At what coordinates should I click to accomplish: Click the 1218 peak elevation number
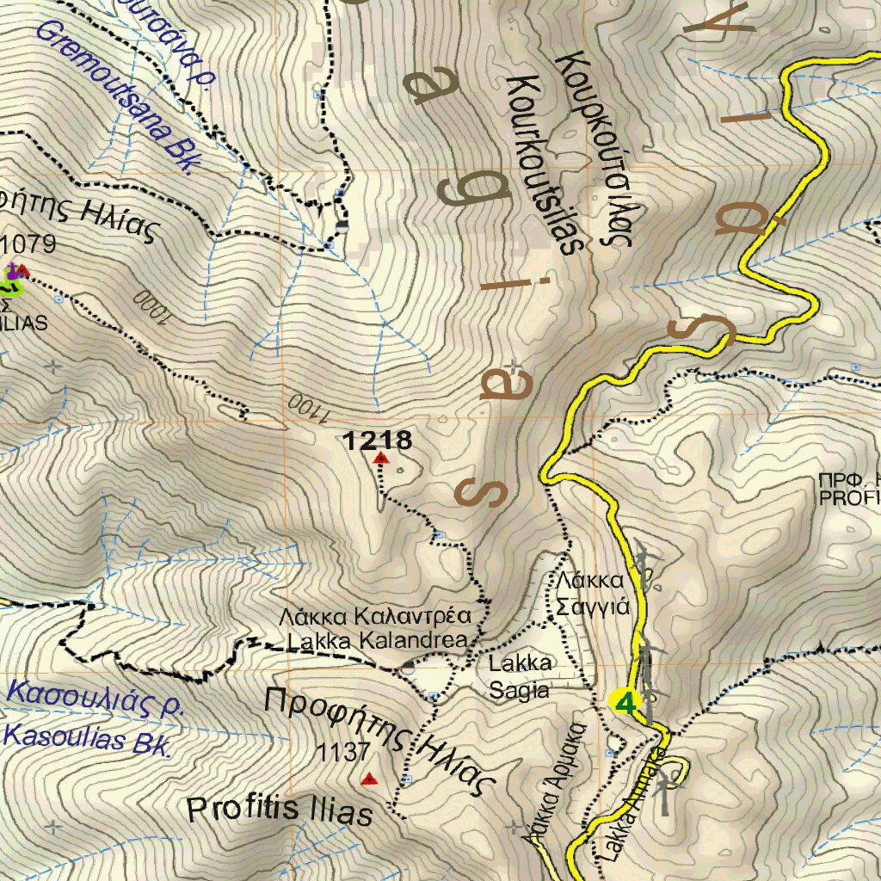[378, 441]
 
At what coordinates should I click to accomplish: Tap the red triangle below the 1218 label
[380, 459]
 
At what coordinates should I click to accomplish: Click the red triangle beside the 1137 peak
[369, 779]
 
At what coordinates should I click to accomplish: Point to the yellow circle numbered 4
[625, 702]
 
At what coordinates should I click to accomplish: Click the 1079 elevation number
[29, 245]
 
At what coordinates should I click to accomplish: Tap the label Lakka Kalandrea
[378, 641]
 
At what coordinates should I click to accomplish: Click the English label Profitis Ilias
[280, 810]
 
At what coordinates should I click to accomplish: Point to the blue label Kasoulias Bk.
[87, 739]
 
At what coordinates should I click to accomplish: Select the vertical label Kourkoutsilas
[539, 163]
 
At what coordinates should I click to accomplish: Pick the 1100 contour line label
[306, 409]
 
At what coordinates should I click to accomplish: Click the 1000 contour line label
[153, 308]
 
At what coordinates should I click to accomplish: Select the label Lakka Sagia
[520, 676]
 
